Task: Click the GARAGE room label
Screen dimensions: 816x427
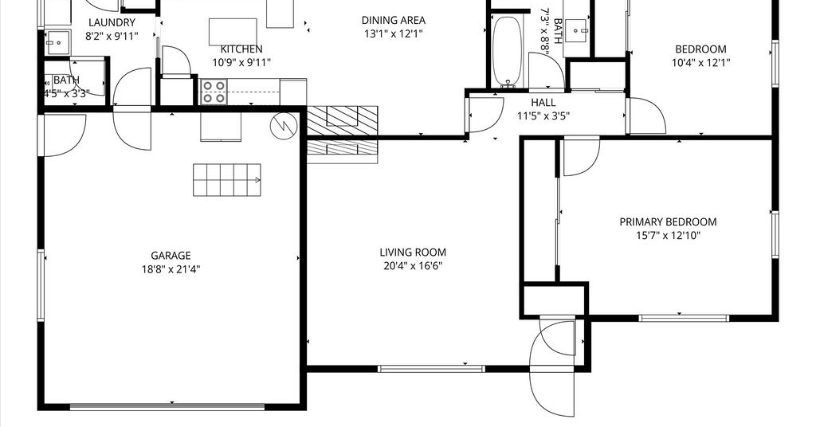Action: point(171,256)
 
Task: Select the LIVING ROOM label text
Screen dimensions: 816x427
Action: point(413,253)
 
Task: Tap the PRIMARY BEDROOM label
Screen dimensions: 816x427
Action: point(668,222)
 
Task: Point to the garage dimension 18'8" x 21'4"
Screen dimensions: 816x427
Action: point(171,269)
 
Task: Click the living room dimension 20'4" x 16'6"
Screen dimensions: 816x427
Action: point(413,266)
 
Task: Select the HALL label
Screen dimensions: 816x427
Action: point(543,103)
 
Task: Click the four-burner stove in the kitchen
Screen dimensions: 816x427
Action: point(214,92)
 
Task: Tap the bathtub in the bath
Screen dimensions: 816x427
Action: point(506,51)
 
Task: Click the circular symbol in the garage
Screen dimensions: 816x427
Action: point(284,125)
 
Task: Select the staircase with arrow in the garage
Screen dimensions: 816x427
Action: point(227,180)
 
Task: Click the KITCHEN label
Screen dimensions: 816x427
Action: point(241,49)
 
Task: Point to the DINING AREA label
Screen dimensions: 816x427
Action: point(394,20)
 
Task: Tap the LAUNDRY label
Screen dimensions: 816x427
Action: point(112,22)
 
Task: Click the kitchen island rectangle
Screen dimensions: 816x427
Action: point(233,32)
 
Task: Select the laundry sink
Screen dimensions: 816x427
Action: point(57,42)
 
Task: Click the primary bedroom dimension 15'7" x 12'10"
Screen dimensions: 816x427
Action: point(668,236)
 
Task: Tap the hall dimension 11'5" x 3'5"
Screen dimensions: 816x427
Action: point(543,116)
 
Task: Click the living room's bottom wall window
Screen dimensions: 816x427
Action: point(431,369)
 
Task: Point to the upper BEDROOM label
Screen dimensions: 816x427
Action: point(700,49)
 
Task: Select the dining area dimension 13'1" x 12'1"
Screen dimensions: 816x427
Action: point(394,33)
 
